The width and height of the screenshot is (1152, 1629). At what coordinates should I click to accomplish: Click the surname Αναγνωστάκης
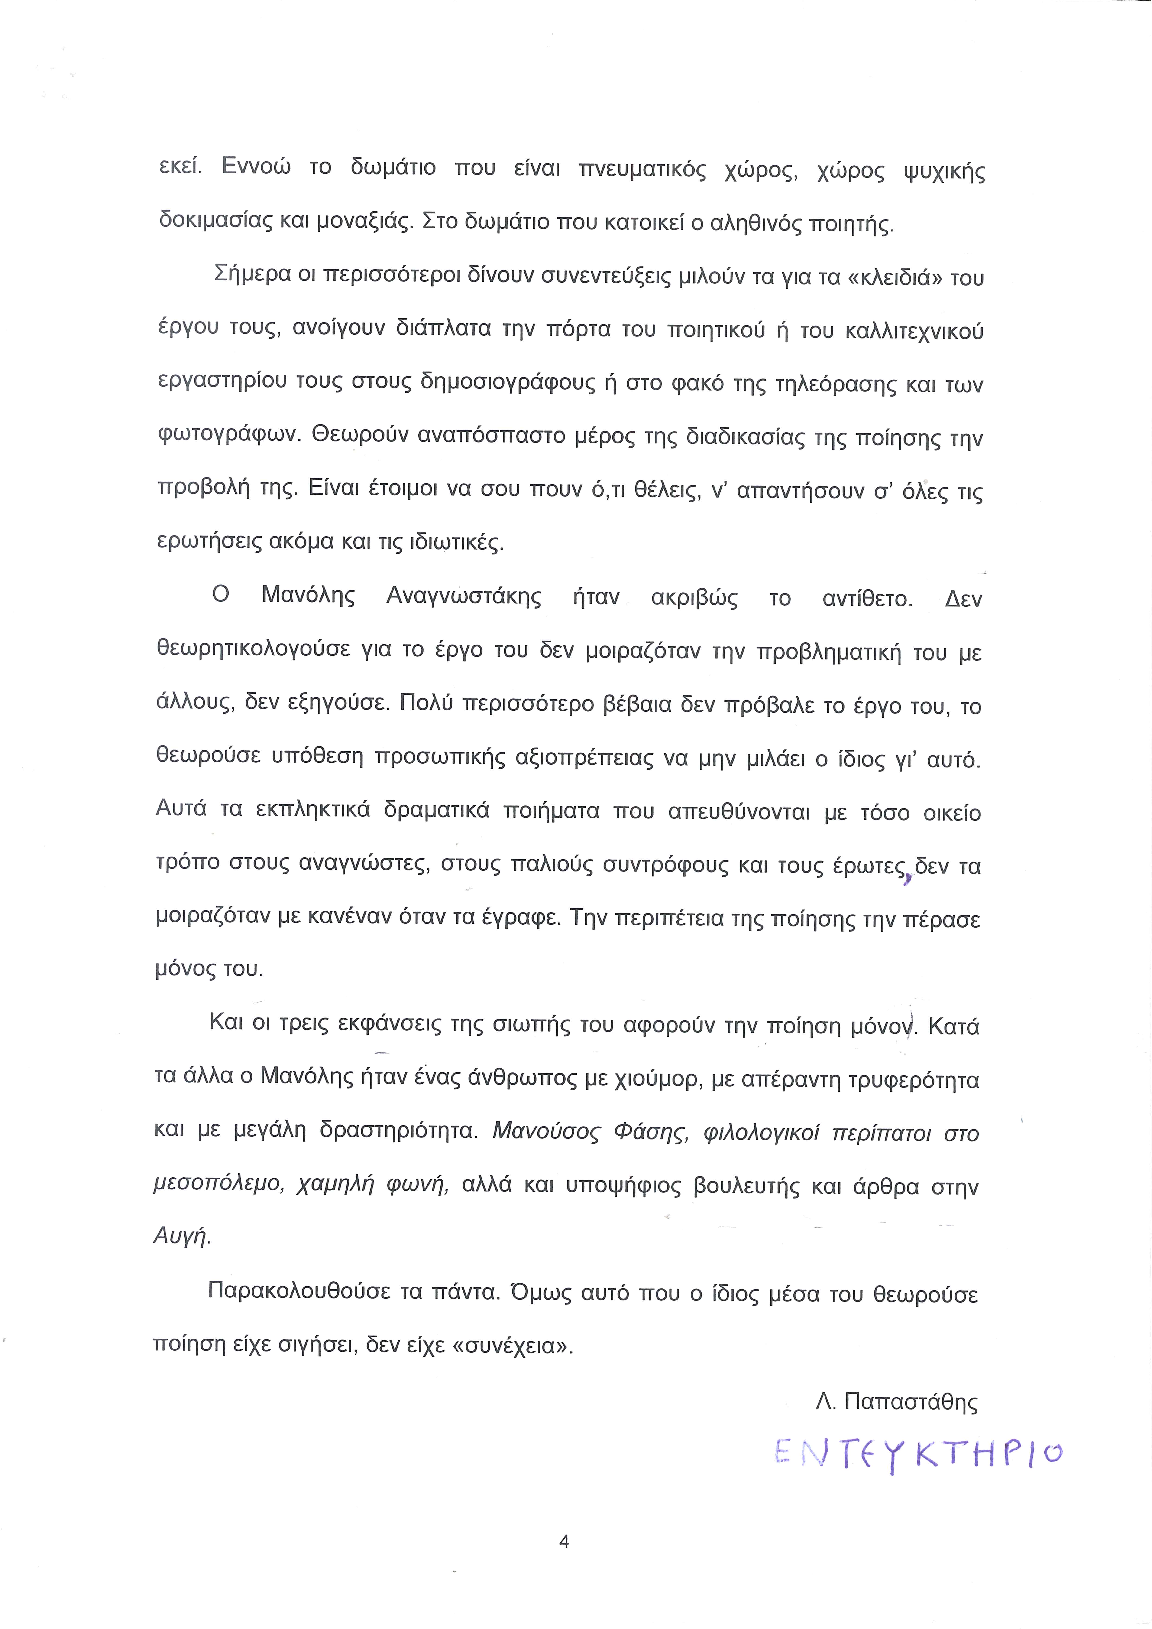464,597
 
